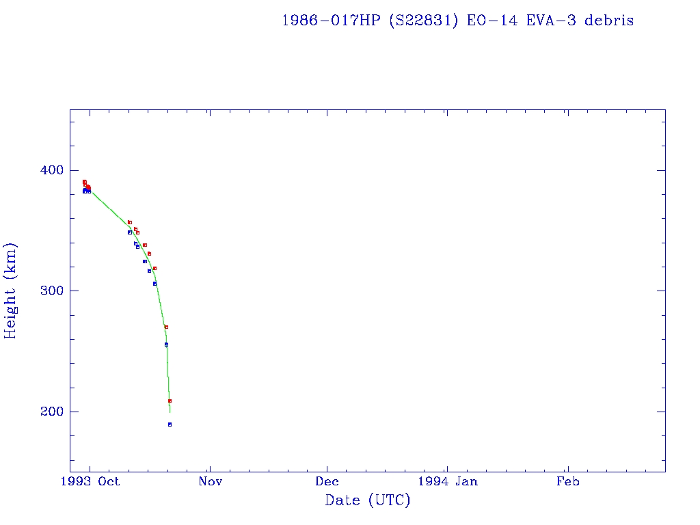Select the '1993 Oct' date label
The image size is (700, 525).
(90, 481)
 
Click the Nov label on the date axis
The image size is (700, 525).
(211, 481)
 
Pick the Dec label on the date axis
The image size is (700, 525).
(327, 481)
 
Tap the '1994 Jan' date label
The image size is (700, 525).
(447, 481)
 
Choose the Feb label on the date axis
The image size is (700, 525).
(567, 481)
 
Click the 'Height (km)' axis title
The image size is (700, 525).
(11, 291)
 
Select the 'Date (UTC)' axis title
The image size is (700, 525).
(368, 501)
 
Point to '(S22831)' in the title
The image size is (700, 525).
(424, 21)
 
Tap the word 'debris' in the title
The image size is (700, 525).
(609, 21)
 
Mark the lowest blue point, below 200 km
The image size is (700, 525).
(170, 425)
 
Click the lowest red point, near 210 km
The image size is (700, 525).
(170, 401)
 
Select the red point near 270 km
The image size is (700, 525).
(166, 327)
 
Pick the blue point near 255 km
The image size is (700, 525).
(166, 345)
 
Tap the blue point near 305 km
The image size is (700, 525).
(154, 284)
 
